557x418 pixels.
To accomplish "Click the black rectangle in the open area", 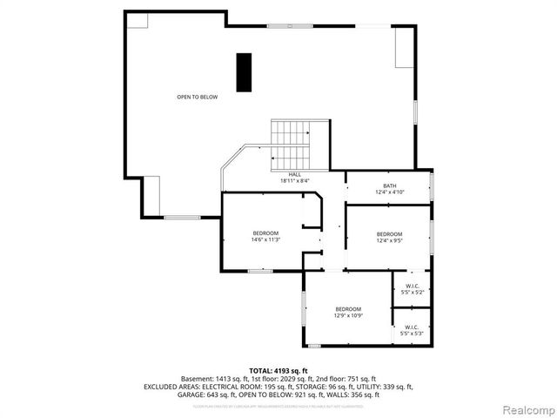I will (x=244, y=71).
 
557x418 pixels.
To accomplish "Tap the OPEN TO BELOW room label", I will (x=198, y=97).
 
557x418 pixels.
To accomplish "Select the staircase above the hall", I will (x=291, y=145).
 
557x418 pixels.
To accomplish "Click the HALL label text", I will (x=295, y=174).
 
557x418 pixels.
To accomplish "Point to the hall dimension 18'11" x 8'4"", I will (x=295, y=181).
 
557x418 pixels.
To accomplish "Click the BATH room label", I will (x=389, y=185).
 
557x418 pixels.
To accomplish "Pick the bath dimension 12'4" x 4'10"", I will (x=389, y=192).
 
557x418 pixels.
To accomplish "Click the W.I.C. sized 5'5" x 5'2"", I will (x=413, y=288).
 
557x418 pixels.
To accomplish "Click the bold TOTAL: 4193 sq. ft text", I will (x=278, y=371).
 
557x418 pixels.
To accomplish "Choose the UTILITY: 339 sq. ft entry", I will (x=386, y=387).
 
